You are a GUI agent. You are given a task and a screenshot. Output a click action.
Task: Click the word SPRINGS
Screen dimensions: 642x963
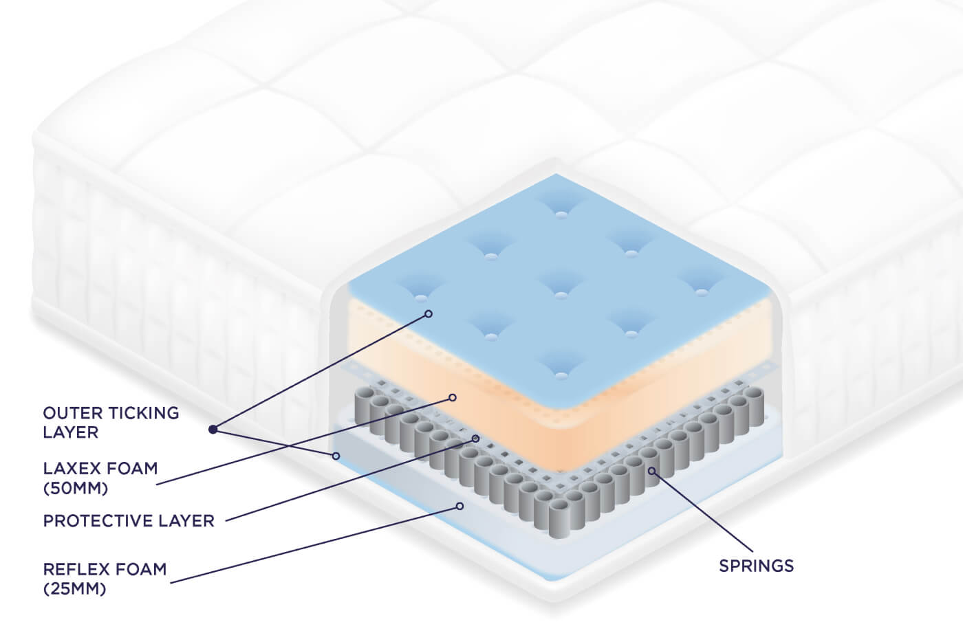(x=756, y=566)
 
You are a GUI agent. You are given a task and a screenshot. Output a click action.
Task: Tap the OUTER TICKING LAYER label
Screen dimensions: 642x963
(x=111, y=422)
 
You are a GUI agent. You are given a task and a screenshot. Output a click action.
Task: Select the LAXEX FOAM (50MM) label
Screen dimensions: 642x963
(x=100, y=478)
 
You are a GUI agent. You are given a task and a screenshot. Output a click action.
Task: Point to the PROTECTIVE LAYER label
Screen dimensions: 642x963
(x=129, y=520)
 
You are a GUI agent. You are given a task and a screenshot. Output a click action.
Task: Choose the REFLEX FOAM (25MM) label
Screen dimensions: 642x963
(x=105, y=578)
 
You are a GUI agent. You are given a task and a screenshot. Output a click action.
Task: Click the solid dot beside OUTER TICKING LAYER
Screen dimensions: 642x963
(x=213, y=430)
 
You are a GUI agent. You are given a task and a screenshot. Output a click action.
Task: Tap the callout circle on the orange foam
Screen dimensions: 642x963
(x=453, y=397)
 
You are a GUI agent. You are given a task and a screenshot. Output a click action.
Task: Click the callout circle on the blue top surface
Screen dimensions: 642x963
(x=429, y=313)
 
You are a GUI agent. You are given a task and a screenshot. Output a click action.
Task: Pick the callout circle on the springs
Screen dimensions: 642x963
(x=651, y=471)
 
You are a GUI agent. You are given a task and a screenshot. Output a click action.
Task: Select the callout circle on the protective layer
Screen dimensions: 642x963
(x=475, y=438)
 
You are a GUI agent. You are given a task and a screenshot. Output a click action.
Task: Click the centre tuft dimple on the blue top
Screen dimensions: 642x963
(x=561, y=295)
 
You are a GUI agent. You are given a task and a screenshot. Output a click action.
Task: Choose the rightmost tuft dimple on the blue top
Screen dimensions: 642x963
(x=701, y=292)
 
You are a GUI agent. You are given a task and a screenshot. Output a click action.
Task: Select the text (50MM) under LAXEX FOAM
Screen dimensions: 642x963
(x=76, y=488)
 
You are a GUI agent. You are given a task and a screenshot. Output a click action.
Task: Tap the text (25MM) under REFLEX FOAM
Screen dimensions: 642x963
(x=74, y=588)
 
